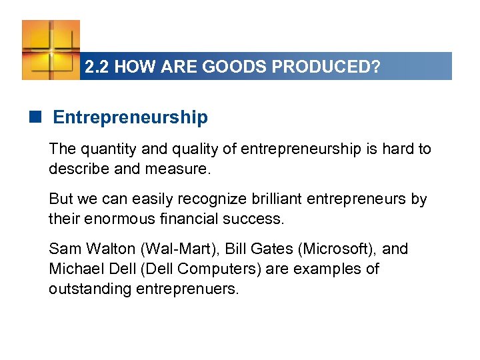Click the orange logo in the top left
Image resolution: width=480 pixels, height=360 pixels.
coord(51,49)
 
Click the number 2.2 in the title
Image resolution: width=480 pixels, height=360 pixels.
coord(97,67)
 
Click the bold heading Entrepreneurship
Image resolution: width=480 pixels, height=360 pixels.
coord(130,118)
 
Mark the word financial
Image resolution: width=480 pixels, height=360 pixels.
coord(179,219)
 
